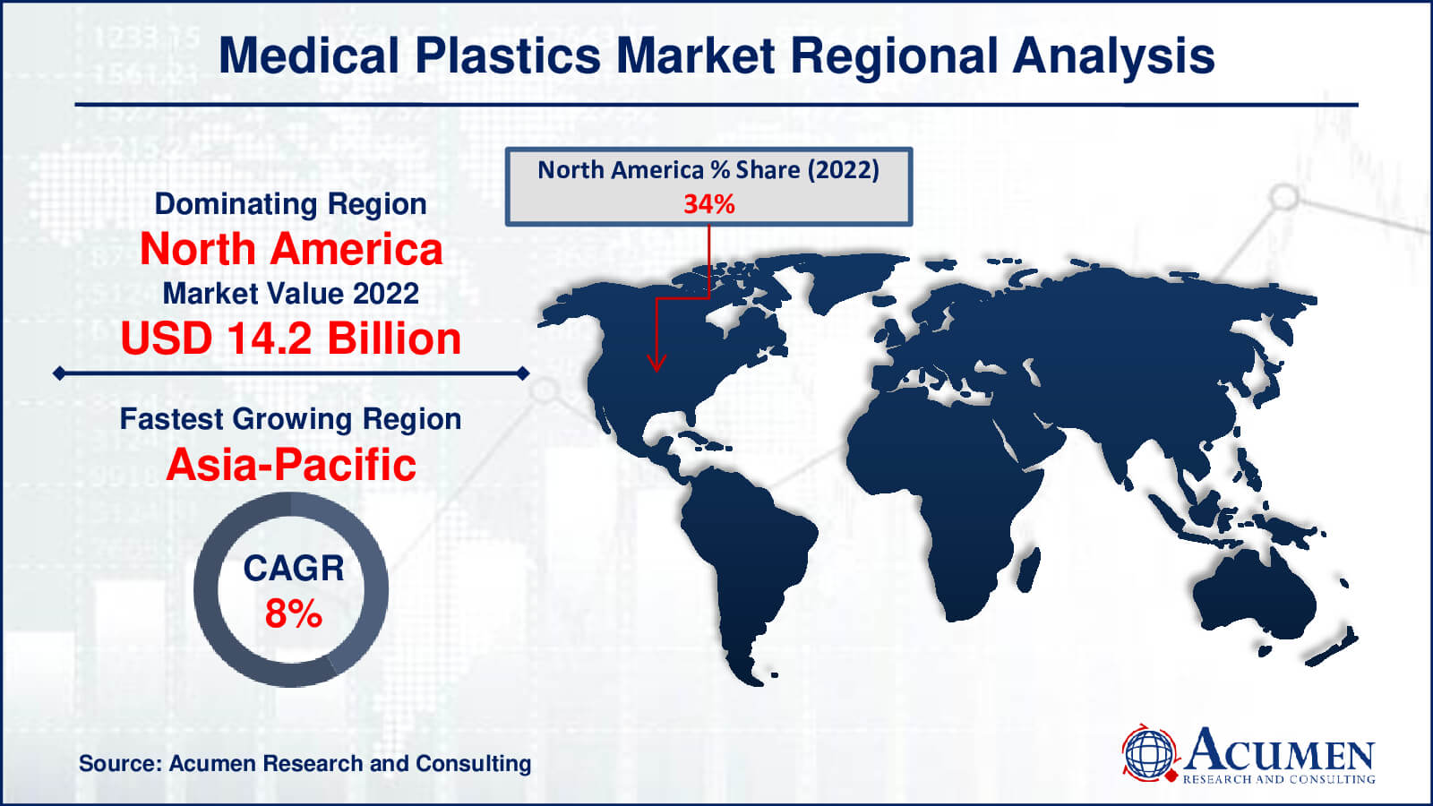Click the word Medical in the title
309,56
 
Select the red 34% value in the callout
708,205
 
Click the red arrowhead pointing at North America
656,362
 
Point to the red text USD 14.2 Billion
291,339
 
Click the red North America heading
291,249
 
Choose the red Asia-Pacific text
291,465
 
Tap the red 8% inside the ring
294,613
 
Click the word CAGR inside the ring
294,568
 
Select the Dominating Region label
290,204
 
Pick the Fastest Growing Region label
290,420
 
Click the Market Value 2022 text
290,294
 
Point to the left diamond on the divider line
59,373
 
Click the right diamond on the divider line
523,373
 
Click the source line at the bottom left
305,764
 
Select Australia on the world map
1255,595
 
